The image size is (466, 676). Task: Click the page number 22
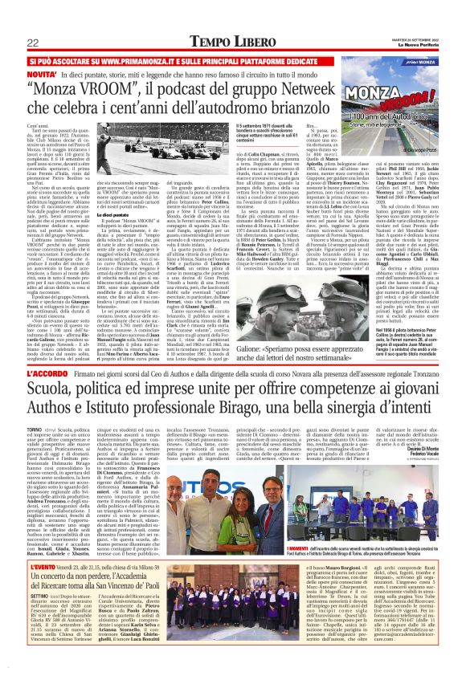click(33, 42)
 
